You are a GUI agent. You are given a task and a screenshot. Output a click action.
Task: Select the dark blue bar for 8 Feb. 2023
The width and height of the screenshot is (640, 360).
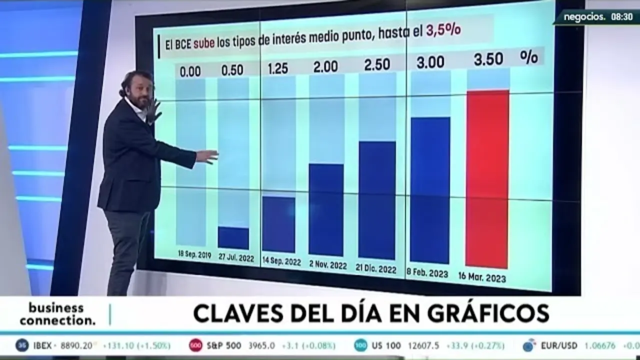430,190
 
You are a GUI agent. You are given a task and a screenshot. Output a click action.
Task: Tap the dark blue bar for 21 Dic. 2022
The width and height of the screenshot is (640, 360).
377,200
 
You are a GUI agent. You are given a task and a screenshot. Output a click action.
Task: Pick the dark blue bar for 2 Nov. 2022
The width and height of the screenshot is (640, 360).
326,210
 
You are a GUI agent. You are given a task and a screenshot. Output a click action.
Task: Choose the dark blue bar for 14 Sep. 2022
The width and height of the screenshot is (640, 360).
278,224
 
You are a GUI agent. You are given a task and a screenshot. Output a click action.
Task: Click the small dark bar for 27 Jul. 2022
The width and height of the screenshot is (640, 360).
233,238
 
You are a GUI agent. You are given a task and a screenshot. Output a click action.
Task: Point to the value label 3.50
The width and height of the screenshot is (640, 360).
488,59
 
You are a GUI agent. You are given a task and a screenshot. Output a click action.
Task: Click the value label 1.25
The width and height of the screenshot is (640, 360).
277,68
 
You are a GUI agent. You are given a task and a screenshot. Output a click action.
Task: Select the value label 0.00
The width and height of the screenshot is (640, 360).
190,71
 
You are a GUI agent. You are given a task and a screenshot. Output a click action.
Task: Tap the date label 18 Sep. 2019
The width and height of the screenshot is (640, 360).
194,254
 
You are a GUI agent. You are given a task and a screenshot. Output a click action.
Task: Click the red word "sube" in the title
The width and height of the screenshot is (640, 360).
204,43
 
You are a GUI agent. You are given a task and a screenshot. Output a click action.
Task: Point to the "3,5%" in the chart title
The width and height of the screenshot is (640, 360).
443,31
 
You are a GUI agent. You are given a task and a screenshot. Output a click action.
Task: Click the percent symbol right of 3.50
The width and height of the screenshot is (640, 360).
528,56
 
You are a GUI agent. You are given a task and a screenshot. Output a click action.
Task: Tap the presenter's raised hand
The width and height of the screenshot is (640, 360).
154,109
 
